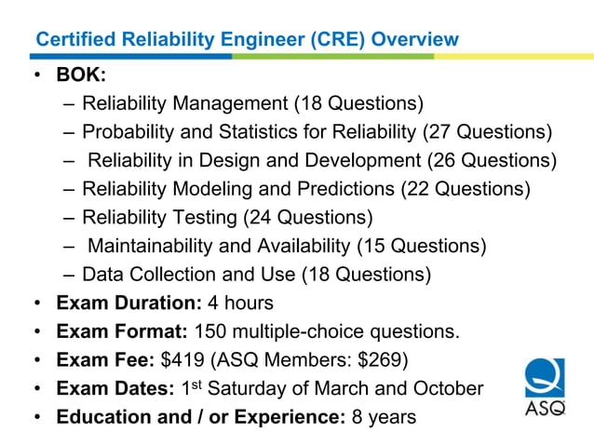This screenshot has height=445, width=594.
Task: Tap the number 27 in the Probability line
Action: [441, 132]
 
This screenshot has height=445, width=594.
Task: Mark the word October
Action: [452, 388]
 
